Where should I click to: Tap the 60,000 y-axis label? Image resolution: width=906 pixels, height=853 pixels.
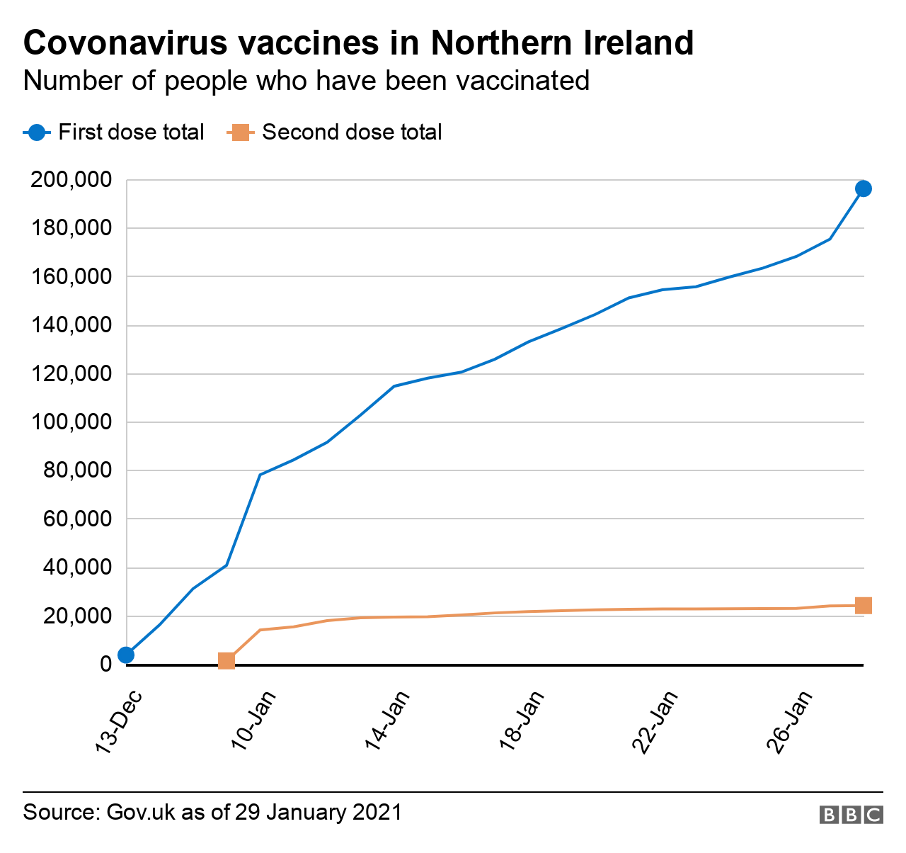pyautogui.click(x=77, y=519)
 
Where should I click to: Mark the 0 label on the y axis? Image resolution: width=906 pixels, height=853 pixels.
pyautogui.click(x=106, y=665)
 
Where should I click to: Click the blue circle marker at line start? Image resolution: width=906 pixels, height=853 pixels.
pyautogui.click(x=126, y=655)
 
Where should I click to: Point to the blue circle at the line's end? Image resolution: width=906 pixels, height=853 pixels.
pyautogui.click(x=863, y=188)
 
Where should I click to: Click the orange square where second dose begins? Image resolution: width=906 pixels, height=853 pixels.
pyautogui.click(x=226, y=661)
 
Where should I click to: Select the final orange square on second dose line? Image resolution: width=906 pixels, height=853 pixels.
pyautogui.click(x=863, y=606)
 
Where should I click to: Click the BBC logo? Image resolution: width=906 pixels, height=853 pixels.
pyautogui.click(x=851, y=815)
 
